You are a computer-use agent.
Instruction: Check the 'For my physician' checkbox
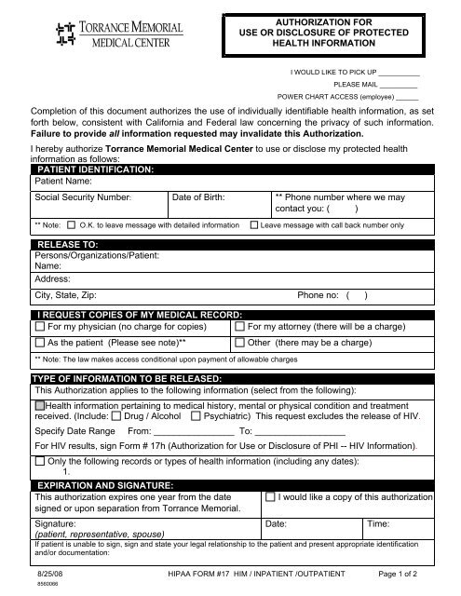[x=39, y=327]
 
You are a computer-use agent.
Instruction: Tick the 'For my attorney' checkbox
[x=241, y=327]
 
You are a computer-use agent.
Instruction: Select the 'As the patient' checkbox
[x=39, y=343]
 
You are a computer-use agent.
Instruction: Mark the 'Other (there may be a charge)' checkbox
[x=241, y=343]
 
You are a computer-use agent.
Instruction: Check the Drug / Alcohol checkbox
[x=115, y=418]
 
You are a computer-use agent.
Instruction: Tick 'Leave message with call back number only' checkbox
[x=254, y=225]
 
